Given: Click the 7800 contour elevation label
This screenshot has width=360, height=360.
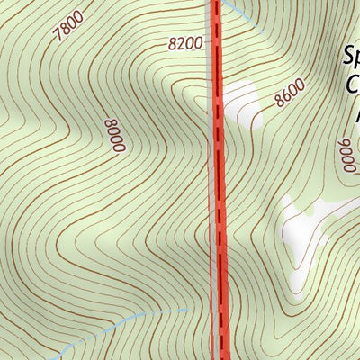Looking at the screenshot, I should (x=68, y=26).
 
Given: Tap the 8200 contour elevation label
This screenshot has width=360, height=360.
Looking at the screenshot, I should (x=183, y=42).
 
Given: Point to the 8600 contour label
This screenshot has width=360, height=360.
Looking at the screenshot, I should (x=290, y=93).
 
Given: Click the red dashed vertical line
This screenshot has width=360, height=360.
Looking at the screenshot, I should (x=217, y=180).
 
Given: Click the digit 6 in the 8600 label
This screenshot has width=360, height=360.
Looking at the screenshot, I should (x=286, y=95).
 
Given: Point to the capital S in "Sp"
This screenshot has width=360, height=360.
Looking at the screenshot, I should (x=347, y=56).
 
